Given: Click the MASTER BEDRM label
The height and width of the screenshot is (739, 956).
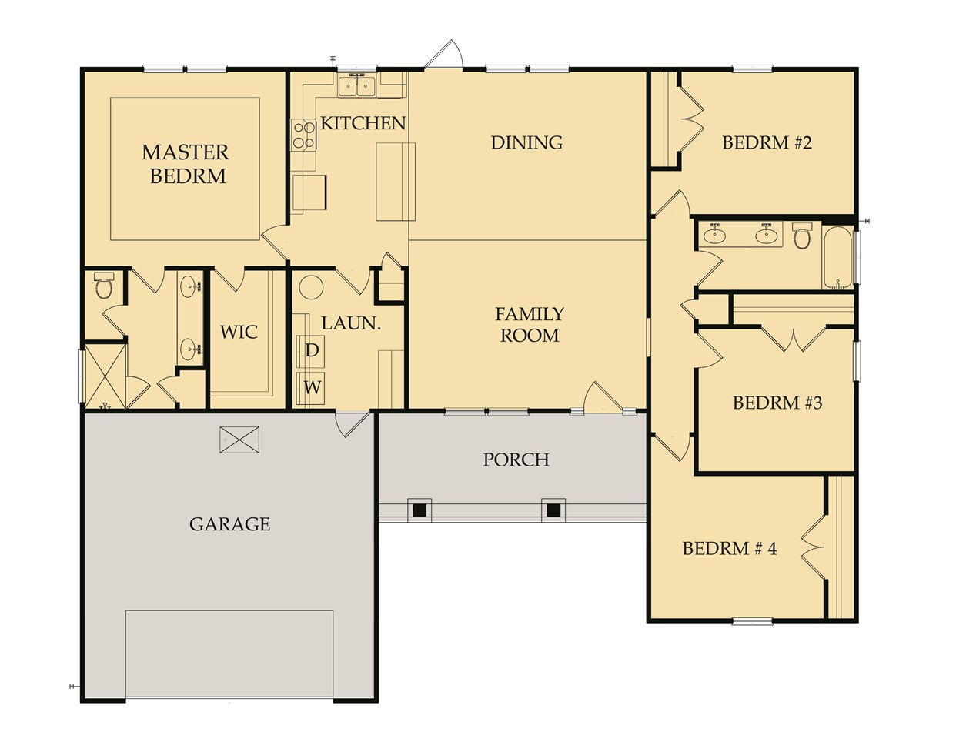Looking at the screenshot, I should (185, 164).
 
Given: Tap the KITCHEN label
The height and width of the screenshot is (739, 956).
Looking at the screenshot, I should (363, 123).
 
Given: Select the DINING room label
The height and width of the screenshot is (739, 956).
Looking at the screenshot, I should (526, 142).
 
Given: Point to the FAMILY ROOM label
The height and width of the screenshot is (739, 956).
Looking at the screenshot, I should (529, 324).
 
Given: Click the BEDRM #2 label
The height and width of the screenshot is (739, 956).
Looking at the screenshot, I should (767, 142).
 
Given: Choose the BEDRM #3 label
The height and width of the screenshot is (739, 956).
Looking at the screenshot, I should (777, 403).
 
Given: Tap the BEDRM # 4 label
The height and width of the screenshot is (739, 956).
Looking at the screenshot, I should (729, 549).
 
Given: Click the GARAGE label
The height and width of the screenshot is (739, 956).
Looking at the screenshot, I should (229, 524).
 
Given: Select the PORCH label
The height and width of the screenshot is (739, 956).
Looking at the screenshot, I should (516, 460).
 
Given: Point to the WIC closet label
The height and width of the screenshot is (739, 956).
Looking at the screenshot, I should (239, 333).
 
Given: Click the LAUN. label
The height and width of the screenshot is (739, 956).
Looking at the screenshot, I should (351, 323).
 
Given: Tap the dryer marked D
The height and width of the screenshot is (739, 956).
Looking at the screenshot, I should (312, 350).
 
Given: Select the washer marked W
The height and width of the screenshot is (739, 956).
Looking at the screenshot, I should (312, 387).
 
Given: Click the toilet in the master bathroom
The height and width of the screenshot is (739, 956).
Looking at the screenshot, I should (104, 286).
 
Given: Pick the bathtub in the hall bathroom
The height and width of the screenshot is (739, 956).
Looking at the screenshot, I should (837, 257).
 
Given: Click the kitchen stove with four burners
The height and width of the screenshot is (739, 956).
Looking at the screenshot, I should (303, 135).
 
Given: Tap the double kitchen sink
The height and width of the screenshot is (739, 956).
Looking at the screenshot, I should (356, 85).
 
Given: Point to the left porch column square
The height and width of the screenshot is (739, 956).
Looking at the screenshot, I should (420, 510).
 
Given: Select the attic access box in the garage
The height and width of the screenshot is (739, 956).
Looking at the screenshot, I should (239, 440).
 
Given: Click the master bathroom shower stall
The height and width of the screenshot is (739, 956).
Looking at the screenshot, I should (104, 376).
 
